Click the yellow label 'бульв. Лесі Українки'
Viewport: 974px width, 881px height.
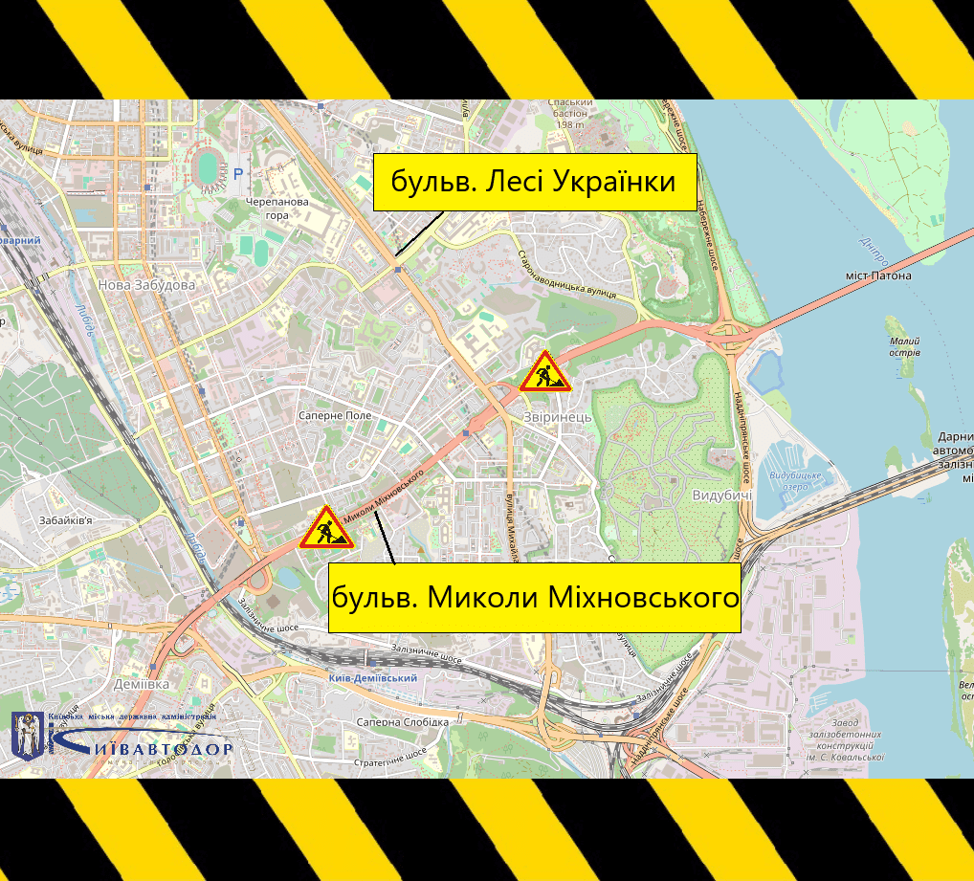[x=534, y=182]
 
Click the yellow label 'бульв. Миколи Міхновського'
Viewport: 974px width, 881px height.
[x=535, y=598]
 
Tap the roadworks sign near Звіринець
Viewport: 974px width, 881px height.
[x=545, y=373]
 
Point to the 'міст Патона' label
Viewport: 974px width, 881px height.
[x=878, y=275]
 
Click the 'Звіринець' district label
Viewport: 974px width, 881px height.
[x=558, y=417]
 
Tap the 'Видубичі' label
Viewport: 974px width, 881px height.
[x=721, y=496]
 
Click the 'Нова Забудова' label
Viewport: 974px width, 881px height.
[x=146, y=285]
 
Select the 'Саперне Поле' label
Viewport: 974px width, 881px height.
[x=335, y=417]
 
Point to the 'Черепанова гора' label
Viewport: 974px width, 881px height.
[x=277, y=209]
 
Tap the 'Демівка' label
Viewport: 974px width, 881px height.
[x=140, y=685]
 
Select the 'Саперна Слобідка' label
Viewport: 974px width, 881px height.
[x=401, y=722]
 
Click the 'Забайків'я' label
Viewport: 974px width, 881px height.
[x=66, y=521]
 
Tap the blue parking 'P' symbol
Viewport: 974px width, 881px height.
[x=238, y=174]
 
